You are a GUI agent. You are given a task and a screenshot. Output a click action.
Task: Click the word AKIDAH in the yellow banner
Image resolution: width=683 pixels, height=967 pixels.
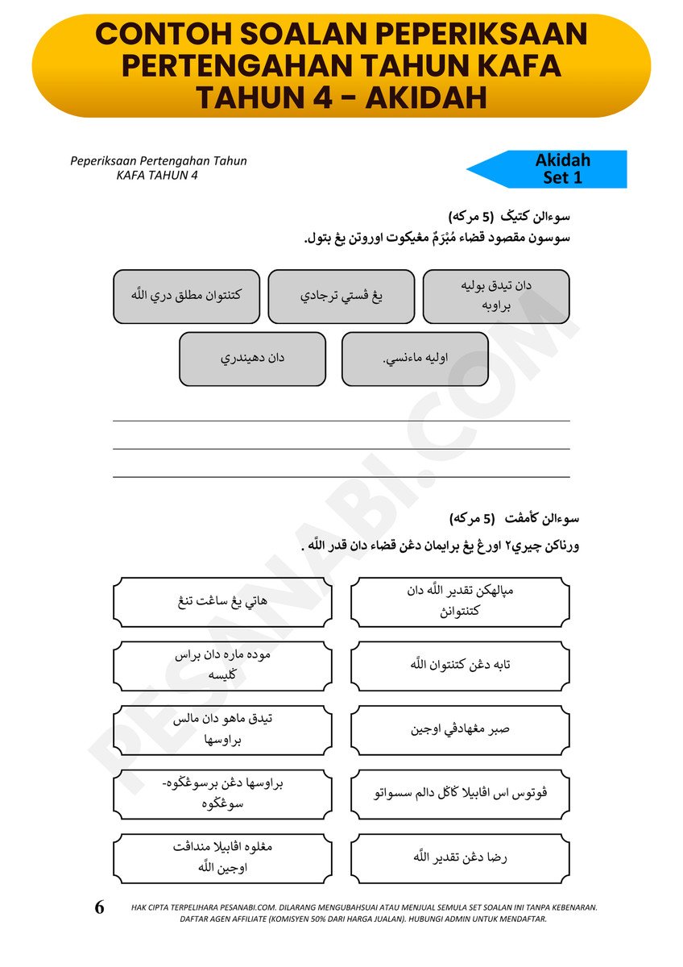[426, 97]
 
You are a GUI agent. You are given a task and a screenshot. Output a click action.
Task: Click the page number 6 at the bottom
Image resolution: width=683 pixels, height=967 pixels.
[100, 908]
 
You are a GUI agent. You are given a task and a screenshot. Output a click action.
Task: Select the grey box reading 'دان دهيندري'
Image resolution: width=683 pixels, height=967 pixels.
[253, 359]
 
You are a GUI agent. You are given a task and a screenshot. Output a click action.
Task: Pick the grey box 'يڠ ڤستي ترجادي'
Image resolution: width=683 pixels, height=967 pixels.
[341, 297]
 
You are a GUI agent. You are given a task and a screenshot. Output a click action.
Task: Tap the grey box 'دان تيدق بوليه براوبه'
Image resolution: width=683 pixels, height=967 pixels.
[496, 297]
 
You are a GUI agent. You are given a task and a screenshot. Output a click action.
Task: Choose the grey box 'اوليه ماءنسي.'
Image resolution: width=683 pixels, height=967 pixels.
[415, 359]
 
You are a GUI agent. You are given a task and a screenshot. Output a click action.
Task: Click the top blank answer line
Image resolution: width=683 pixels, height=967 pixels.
[341, 420]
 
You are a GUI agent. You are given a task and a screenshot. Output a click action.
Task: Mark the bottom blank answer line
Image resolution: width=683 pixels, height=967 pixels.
[341, 476]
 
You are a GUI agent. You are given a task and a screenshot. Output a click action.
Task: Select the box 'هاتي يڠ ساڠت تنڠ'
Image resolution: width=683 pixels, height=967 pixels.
[223, 602]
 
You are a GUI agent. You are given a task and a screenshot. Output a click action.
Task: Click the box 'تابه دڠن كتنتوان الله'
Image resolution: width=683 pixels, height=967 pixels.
[461, 666]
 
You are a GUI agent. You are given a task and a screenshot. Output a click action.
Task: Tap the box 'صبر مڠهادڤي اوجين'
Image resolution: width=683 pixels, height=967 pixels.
[461, 730]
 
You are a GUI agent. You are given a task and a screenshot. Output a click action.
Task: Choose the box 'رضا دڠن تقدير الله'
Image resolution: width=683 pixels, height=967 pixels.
[461, 858]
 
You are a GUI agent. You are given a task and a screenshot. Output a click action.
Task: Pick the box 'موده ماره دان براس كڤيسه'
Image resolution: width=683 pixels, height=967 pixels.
[223, 666]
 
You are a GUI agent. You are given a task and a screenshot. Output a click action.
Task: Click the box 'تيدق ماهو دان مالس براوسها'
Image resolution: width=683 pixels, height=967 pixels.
[223, 730]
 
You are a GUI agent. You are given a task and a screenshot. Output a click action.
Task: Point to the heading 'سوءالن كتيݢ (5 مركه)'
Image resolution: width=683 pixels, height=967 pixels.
[509, 217]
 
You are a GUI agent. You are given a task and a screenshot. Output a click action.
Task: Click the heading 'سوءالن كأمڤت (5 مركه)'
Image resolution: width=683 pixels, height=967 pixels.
[514, 518]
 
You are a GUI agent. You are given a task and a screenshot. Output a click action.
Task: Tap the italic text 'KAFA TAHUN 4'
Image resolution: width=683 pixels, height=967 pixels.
[158, 175]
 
